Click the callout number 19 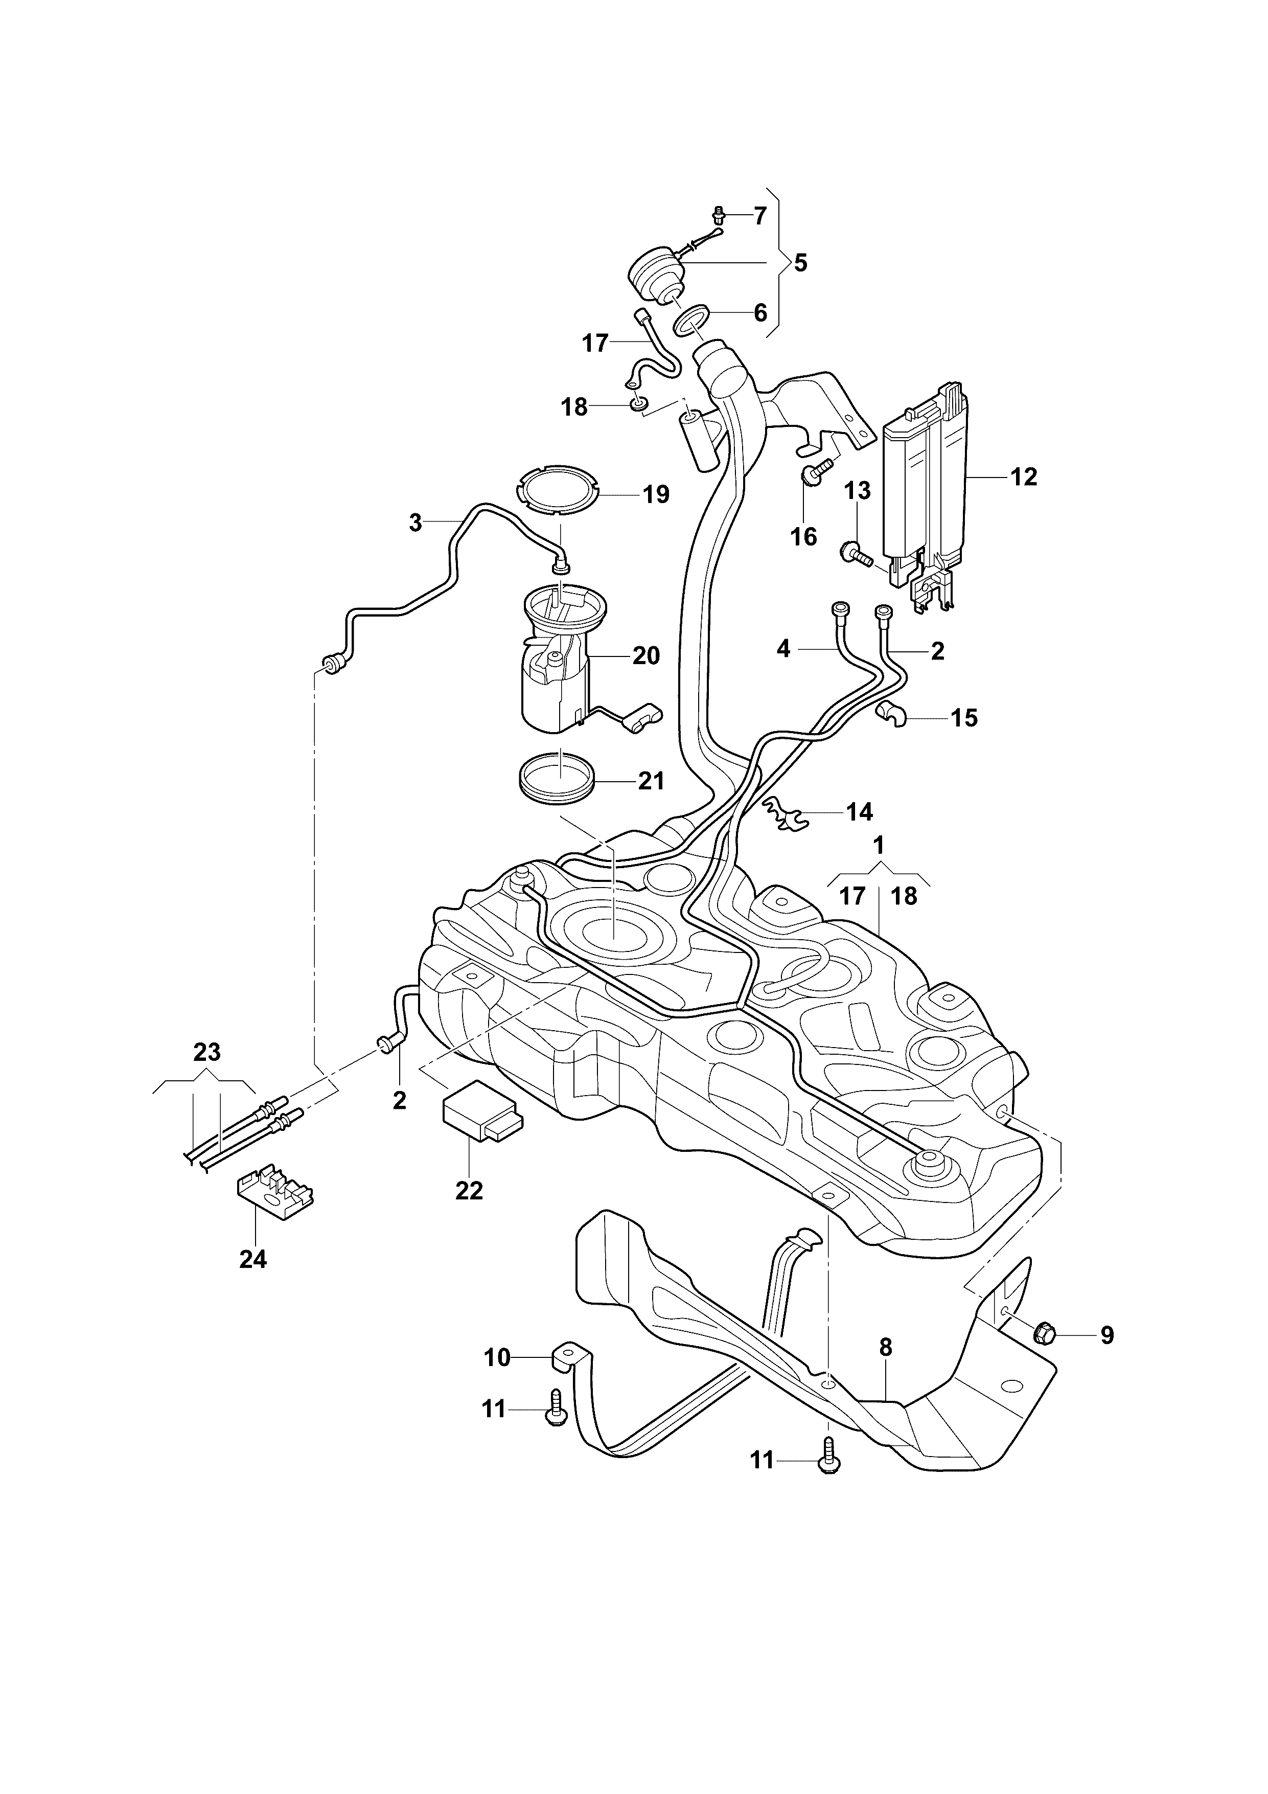[656, 494]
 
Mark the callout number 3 [416, 523]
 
